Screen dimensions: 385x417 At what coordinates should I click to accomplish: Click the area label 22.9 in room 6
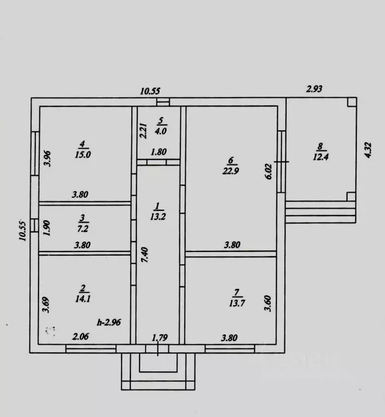point(231,170)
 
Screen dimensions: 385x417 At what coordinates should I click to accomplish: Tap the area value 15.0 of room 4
point(83,155)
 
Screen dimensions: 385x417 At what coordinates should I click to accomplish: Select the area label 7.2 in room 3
point(83,229)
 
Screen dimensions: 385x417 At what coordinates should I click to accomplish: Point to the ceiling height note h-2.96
point(109,323)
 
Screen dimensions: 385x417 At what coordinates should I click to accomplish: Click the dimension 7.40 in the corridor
point(144,255)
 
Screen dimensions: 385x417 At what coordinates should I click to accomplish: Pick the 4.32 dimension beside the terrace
point(368,150)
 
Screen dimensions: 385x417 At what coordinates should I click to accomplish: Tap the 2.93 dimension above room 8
point(314,89)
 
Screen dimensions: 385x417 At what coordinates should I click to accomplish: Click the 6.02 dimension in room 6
point(269,172)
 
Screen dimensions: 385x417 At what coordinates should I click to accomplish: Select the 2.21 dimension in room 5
point(143,130)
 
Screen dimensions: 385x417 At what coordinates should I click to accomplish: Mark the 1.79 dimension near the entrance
point(160,338)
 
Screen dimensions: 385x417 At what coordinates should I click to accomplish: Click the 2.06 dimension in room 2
point(80,337)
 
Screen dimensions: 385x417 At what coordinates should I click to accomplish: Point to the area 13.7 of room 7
point(237,303)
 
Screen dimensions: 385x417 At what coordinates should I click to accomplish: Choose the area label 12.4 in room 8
point(321,157)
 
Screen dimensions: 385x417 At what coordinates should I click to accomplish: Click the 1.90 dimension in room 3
point(46,228)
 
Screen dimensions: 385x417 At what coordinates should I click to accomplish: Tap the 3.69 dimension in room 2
point(46,305)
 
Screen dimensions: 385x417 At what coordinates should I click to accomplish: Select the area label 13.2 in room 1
point(158,217)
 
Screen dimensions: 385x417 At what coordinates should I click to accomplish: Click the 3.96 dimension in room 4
point(47,159)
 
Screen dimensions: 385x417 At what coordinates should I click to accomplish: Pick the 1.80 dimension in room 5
point(159,152)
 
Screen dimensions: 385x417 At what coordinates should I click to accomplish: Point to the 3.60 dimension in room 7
point(268,304)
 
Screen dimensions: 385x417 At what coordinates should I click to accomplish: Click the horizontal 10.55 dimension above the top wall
point(150,91)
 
